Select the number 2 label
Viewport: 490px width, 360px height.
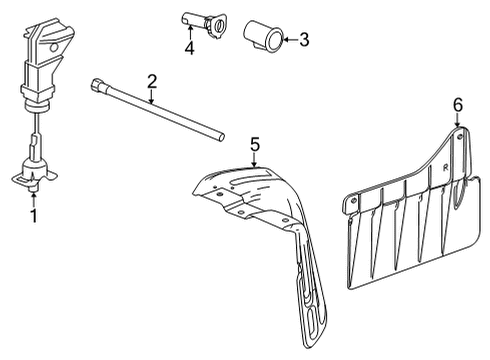click(152, 80)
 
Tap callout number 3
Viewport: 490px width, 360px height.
click(304, 40)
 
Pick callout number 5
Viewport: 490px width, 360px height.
click(255, 146)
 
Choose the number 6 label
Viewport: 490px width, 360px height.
click(458, 104)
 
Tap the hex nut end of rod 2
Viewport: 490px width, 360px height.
click(98, 85)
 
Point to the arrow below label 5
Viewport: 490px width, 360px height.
click(255, 160)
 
